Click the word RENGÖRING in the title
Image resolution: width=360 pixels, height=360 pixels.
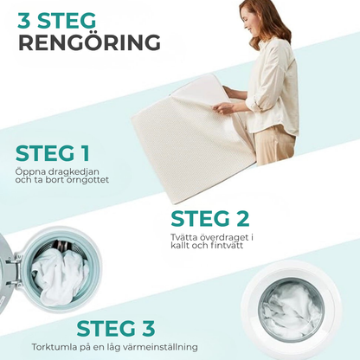(89, 42)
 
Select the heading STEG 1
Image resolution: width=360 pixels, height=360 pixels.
(53, 153)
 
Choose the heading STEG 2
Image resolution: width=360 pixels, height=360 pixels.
(210, 219)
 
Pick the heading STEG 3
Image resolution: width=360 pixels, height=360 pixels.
(116, 328)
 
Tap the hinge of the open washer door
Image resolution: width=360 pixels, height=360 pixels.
(17, 271)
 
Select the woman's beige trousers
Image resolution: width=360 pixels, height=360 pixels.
(274, 145)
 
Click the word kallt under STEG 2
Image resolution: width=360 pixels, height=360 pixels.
(179, 246)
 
